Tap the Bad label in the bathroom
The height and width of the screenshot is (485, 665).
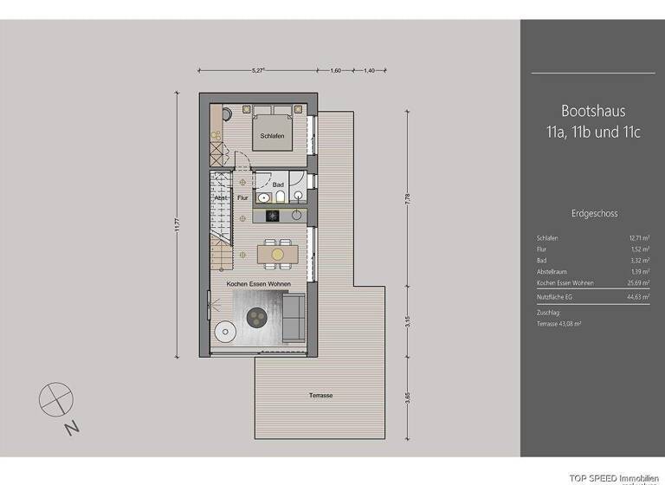(278, 184)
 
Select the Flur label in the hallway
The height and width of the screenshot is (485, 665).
(242, 197)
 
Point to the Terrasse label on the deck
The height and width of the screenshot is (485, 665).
(320, 395)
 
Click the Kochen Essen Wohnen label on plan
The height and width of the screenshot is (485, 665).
(258, 284)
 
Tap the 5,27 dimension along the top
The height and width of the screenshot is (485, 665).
(257, 72)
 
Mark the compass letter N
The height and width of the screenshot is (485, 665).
(76, 426)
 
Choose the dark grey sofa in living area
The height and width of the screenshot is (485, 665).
(294, 317)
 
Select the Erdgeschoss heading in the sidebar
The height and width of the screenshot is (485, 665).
(594, 212)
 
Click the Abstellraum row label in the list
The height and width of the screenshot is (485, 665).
(552, 272)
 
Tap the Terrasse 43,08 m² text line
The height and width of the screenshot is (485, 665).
(558, 323)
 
